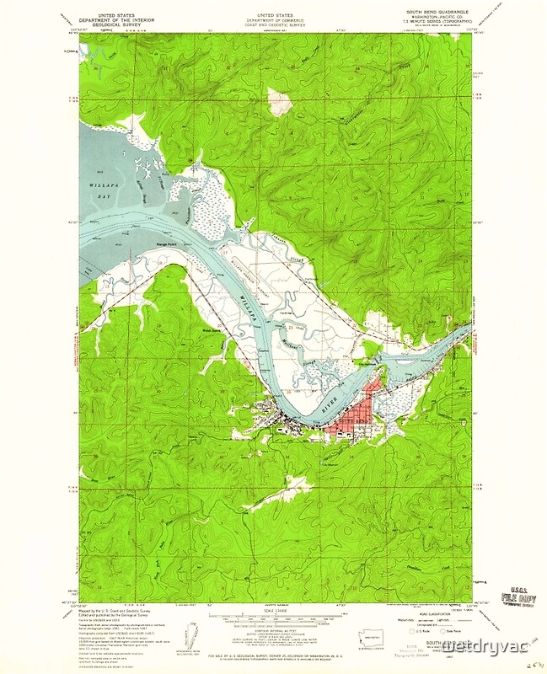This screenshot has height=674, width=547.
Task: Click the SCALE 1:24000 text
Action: point(274,611)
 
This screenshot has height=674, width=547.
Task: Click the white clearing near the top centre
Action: point(280,102)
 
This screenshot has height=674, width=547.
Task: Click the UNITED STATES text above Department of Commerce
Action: point(275,14)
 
